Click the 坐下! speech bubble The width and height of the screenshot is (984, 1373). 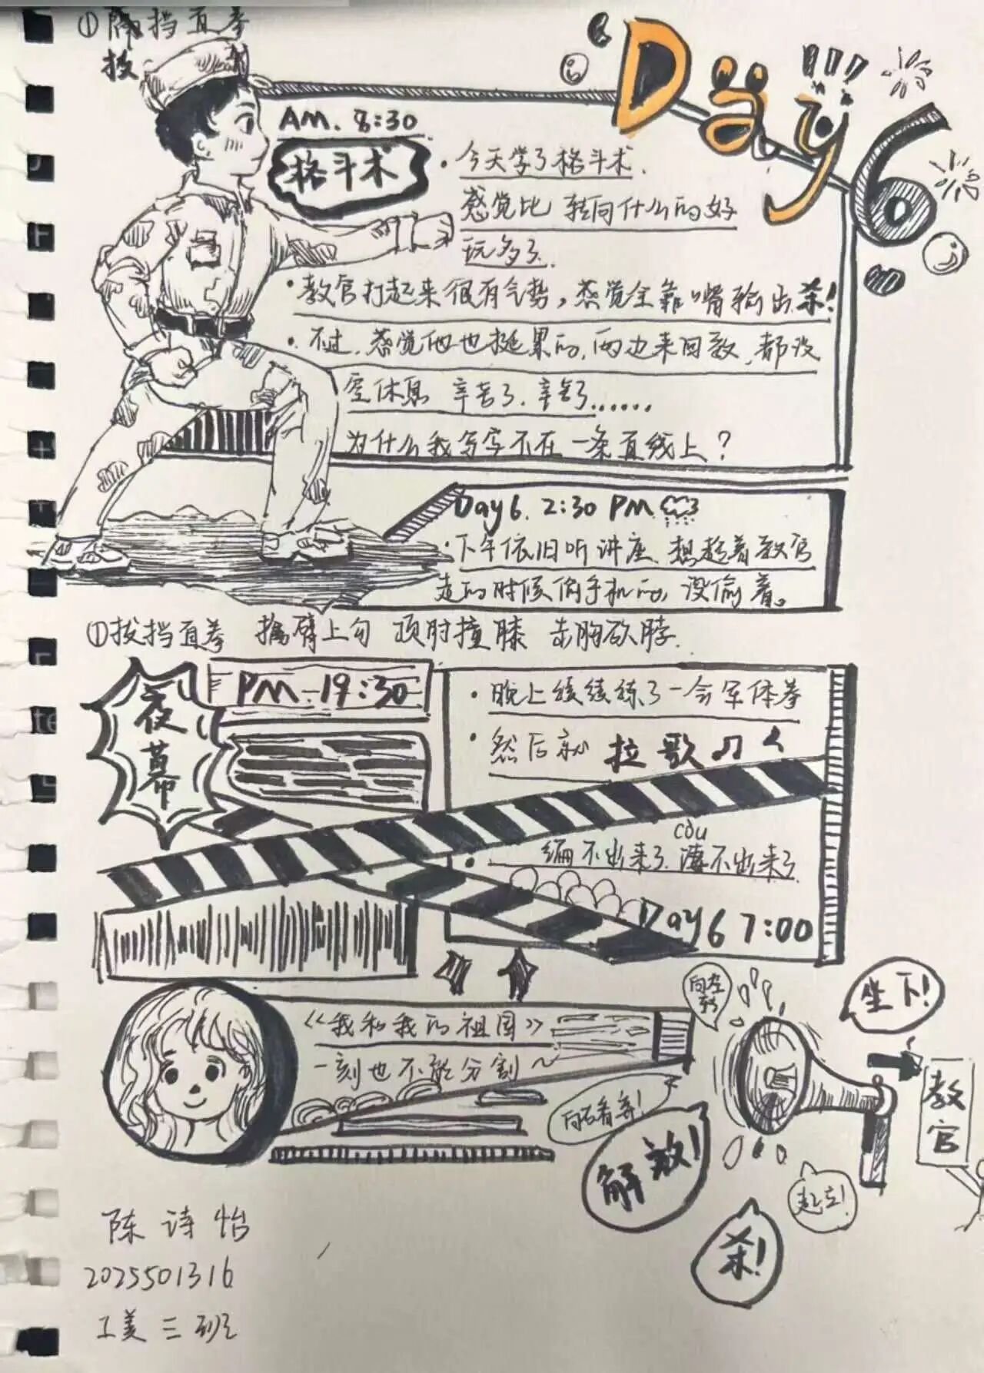point(892,999)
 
